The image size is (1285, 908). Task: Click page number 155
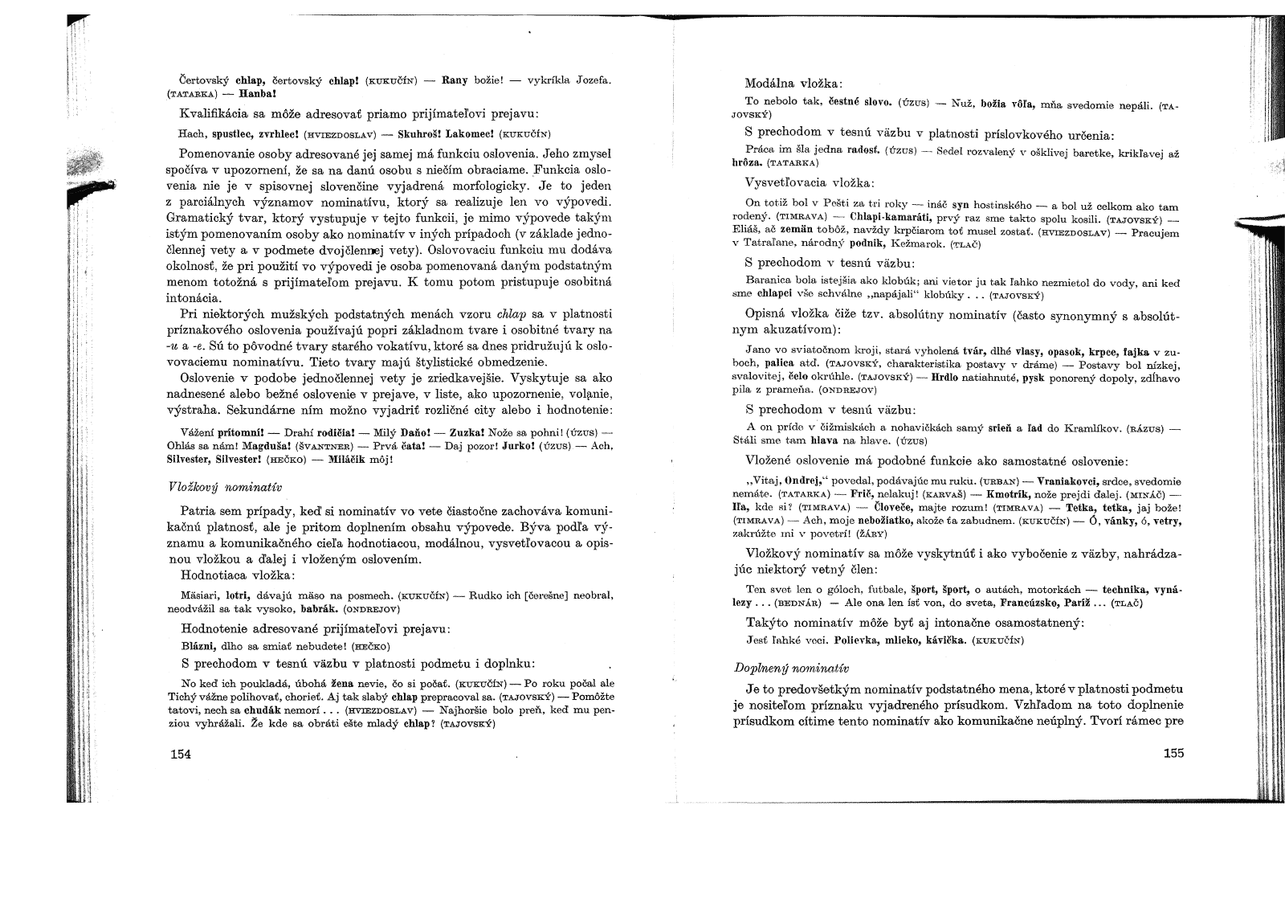coord(1173,753)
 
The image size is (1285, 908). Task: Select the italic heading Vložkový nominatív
coord(224,487)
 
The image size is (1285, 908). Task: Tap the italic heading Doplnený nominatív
coord(791,668)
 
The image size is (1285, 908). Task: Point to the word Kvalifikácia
coord(212,112)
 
